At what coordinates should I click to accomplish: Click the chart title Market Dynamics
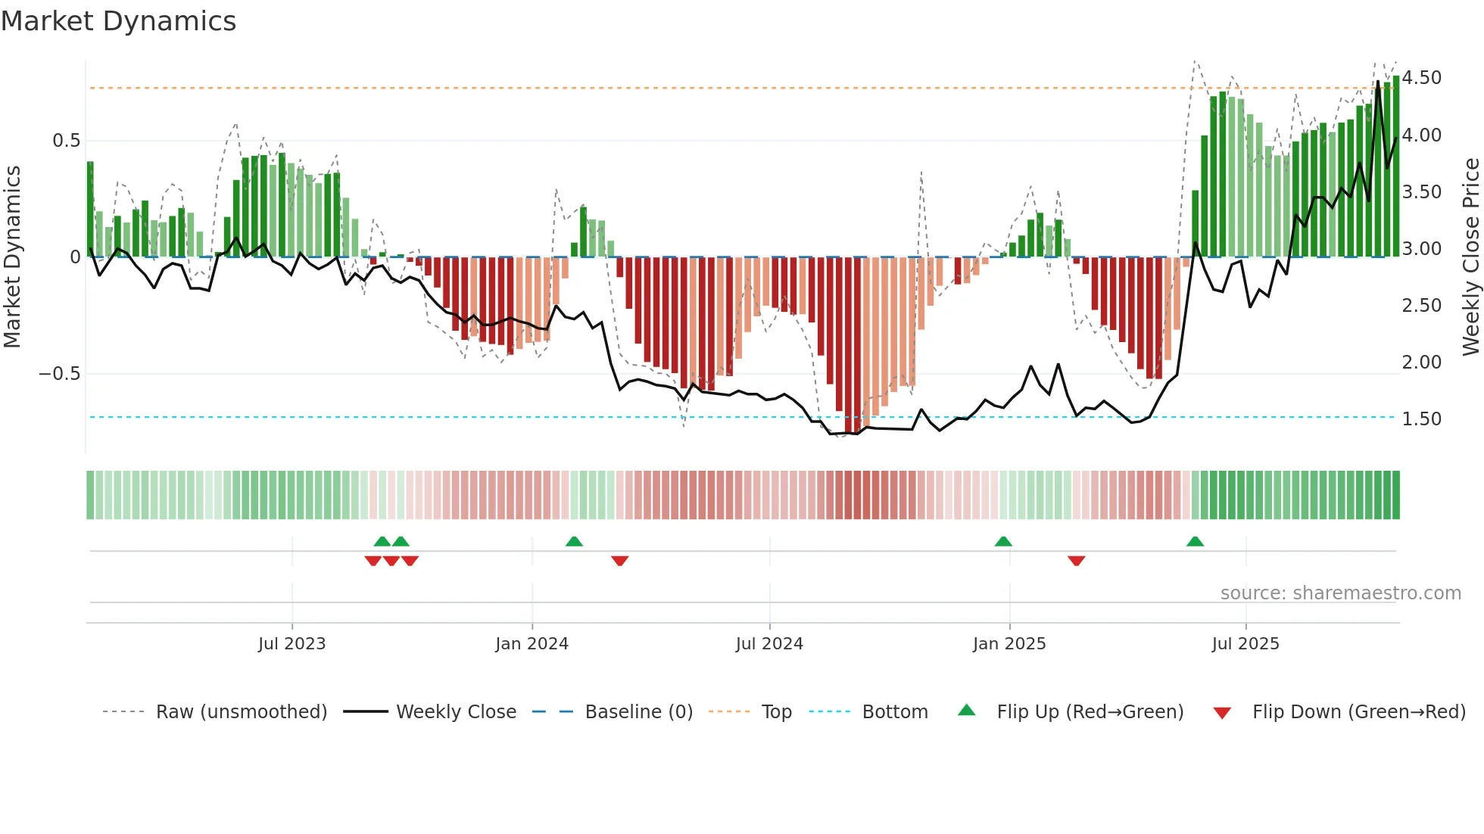(118, 21)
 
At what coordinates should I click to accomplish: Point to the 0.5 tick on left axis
(66, 141)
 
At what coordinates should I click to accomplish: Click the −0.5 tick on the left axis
(59, 374)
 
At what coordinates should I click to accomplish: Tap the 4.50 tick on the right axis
(1421, 78)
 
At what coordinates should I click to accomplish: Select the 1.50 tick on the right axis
(1421, 419)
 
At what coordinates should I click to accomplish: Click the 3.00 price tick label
(1421, 248)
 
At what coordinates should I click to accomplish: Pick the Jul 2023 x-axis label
(291, 644)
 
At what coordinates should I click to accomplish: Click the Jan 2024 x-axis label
(532, 644)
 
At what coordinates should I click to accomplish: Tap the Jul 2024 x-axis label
(769, 644)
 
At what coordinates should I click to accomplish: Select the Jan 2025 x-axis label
(1009, 644)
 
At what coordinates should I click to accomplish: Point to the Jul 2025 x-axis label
(1245, 644)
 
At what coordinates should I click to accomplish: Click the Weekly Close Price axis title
(1470, 257)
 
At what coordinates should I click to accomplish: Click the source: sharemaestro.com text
(1340, 593)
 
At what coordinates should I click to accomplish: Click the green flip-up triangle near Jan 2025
(1003, 542)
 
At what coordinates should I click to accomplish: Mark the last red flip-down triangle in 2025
(1077, 561)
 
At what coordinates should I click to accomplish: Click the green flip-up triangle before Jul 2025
(1195, 542)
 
